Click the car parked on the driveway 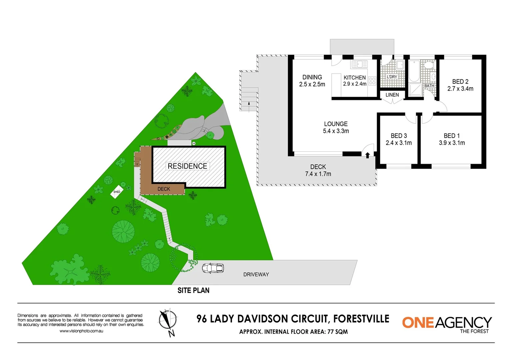click(x=213, y=268)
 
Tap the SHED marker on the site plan click(x=117, y=192)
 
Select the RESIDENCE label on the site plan click(x=187, y=166)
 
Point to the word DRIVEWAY click(x=256, y=275)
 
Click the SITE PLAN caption click(x=193, y=291)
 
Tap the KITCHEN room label click(x=355, y=77)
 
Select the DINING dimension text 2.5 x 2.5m click(x=312, y=85)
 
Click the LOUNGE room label click(x=336, y=124)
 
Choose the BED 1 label click(x=452, y=136)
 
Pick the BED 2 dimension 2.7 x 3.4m click(x=460, y=89)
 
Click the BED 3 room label click(x=399, y=136)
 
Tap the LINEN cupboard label click(x=392, y=95)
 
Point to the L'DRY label click(x=392, y=77)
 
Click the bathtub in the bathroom click(x=414, y=71)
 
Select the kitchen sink click(x=359, y=64)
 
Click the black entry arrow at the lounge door click(x=367, y=155)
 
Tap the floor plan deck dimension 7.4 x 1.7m click(x=318, y=174)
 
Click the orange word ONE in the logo click(x=418, y=323)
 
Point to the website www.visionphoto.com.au click(x=81, y=331)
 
